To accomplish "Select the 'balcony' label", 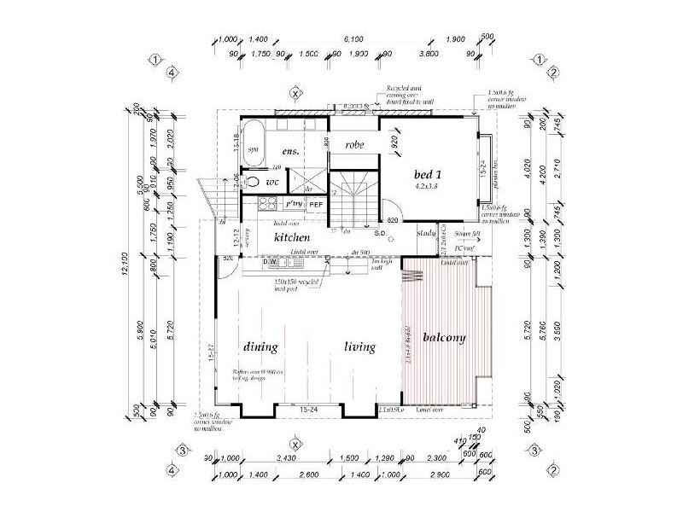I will [442, 338].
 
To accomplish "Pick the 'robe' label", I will [354, 145].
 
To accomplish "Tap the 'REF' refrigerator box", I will [315, 205].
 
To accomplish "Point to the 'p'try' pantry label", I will [293, 205].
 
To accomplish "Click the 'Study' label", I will [426, 232].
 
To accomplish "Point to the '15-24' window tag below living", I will [310, 410].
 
